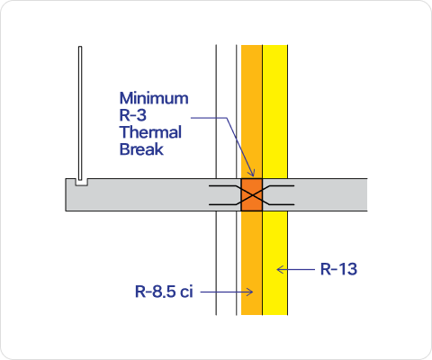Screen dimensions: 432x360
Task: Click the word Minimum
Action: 154,98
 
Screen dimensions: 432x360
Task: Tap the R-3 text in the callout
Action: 133,115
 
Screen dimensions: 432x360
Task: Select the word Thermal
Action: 150,132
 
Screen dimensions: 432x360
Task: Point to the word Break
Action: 141,149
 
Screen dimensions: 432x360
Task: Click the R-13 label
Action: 338,269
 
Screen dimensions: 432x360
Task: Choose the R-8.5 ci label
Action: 164,292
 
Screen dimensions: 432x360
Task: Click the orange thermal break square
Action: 252,195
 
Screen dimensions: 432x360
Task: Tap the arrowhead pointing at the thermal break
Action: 252,173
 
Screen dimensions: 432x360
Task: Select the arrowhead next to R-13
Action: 280,269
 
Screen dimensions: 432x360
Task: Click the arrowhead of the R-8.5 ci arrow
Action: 250,292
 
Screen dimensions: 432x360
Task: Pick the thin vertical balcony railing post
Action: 80,113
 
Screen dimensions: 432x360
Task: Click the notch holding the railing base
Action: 81,183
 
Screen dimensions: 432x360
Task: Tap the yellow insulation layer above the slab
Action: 275,112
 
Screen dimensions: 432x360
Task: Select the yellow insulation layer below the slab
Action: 275,263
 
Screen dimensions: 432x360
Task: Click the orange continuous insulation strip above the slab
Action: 252,112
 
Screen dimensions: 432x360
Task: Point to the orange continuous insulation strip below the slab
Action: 252,263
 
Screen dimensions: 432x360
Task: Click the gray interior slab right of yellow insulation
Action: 328,195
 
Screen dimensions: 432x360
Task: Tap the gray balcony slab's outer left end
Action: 67,195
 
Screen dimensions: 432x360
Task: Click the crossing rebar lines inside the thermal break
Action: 252,195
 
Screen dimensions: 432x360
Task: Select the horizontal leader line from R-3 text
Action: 209,118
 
